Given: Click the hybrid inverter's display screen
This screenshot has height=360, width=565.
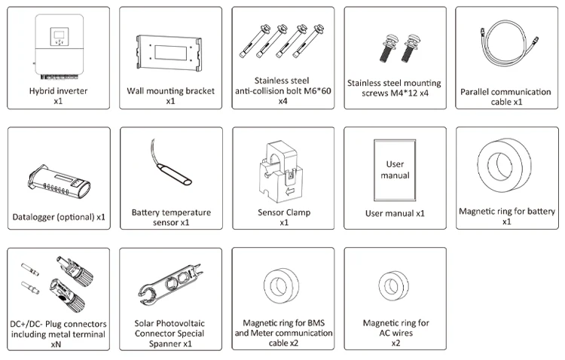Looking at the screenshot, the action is tap(58, 35).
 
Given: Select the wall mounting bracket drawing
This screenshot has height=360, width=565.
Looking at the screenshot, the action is tap(169, 53).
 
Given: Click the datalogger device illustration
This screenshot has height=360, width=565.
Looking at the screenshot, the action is tap(58, 182).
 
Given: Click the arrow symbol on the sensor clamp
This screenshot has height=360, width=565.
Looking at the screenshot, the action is tap(290, 191).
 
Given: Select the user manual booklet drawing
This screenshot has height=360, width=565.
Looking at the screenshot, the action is tap(395, 169).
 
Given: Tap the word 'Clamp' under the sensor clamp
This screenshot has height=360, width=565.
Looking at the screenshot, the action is tap(298, 212).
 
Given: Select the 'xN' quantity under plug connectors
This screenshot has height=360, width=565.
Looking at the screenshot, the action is tap(56, 344).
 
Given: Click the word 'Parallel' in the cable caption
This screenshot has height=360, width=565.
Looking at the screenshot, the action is tap(474, 92).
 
